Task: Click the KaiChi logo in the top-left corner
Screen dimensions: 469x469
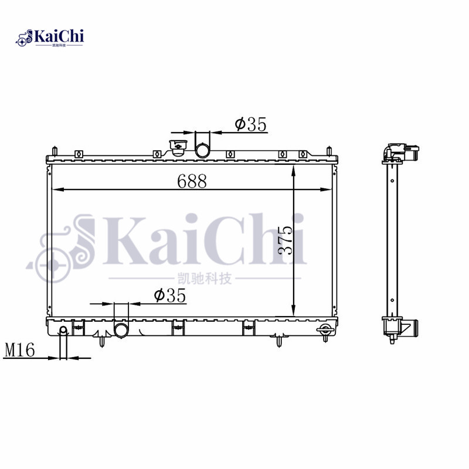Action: tap(50, 38)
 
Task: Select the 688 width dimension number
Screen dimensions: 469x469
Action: tap(192, 181)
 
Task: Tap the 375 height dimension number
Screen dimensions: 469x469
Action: tap(285, 240)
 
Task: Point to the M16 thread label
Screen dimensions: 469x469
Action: tap(20, 349)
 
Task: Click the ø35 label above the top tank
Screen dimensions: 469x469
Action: tap(251, 124)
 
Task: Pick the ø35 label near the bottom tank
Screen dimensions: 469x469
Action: tap(170, 295)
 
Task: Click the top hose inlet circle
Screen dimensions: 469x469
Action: tap(202, 150)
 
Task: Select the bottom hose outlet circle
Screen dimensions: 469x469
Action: tap(121, 330)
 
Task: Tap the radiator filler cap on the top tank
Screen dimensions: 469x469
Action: tap(178, 148)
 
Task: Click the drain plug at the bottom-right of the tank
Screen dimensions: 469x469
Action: tap(325, 331)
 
